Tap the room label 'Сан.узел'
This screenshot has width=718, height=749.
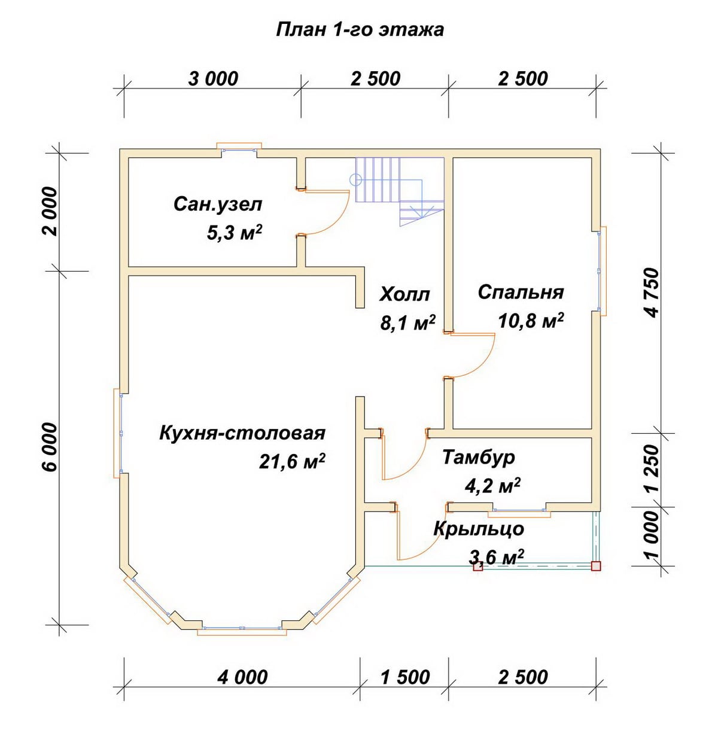click(x=218, y=205)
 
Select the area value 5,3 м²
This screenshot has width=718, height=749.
click(x=235, y=232)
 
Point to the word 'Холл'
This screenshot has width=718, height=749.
click(x=404, y=294)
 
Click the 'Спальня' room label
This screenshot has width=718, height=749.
click(x=521, y=292)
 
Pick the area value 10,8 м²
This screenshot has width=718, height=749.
click(x=531, y=320)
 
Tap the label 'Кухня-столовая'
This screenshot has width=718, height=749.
click(x=242, y=433)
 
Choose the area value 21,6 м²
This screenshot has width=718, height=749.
click(x=292, y=461)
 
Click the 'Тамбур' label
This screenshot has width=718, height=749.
click(x=479, y=458)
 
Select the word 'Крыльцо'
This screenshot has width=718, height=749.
click(x=479, y=529)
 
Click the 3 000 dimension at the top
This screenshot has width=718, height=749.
click(x=213, y=79)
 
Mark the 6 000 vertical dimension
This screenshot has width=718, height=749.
click(x=50, y=447)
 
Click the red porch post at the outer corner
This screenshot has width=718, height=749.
click(x=595, y=566)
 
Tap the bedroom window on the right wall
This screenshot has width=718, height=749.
click(x=601, y=271)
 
